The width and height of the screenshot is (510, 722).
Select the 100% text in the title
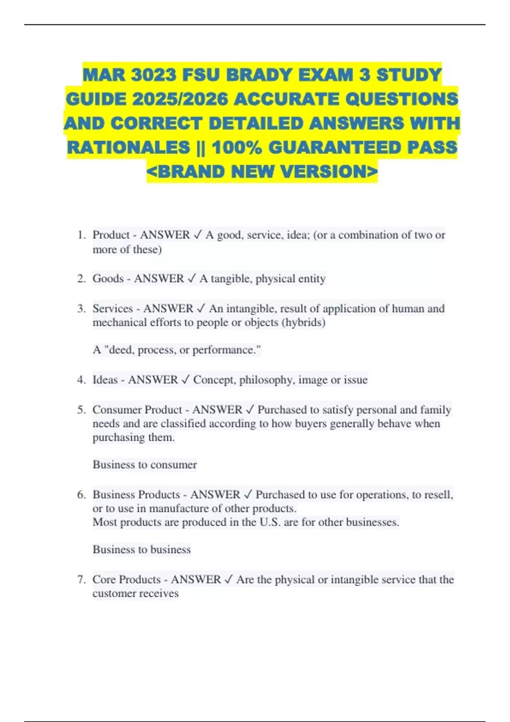click(x=236, y=147)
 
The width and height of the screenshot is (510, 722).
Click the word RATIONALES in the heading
click(x=129, y=147)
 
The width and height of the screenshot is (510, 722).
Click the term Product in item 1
click(x=111, y=235)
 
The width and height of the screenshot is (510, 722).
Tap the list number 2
click(x=81, y=279)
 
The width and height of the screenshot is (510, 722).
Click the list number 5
click(x=81, y=410)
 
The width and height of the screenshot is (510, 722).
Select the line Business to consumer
click(x=144, y=465)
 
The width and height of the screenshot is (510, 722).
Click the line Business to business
click(x=142, y=550)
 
